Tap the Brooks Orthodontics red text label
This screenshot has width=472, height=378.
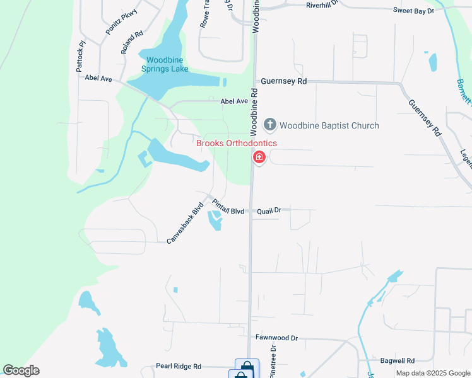(x=236, y=143)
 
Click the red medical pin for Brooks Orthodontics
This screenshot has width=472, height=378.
(x=259, y=157)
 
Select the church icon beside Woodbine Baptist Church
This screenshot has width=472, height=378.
(x=270, y=125)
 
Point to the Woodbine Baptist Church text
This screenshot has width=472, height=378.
(x=329, y=125)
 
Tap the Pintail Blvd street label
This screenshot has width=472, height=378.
(x=228, y=207)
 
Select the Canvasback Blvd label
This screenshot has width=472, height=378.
(x=185, y=222)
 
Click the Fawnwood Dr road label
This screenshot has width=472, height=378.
(x=276, y=338)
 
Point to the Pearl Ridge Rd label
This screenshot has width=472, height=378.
(x=179, y=366)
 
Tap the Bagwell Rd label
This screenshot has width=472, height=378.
(x=398, y=361)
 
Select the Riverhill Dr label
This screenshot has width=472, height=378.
(x=322, y=4)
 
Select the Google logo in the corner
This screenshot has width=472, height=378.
(x=21, y=370)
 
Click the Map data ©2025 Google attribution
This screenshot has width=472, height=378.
(x=433, y=373)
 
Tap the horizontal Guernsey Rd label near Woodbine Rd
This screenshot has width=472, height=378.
(x=283, y=82)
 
